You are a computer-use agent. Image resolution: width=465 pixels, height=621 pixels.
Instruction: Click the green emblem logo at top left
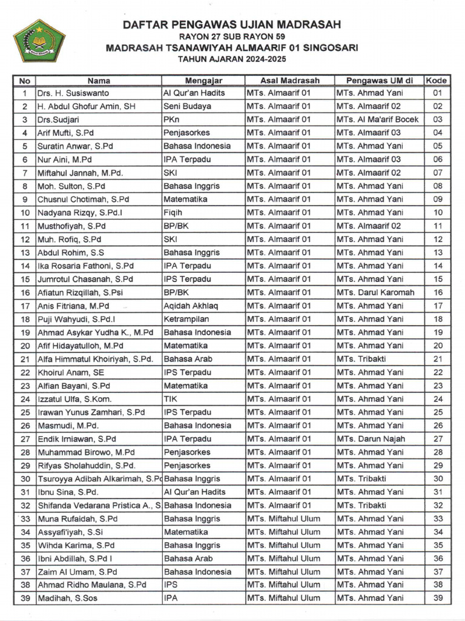(x=39, y=40)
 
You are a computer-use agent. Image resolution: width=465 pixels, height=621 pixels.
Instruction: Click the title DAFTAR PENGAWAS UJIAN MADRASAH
(x=232, y=25)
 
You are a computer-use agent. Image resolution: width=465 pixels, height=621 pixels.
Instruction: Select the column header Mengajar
(x=203, y=80)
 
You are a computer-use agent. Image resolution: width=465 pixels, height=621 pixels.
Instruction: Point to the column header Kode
(x=437, y=80)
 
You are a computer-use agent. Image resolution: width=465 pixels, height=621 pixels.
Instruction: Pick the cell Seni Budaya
(x=187, y=107)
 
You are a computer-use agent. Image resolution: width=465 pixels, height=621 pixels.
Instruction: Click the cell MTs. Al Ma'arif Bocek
(x=378, y=119)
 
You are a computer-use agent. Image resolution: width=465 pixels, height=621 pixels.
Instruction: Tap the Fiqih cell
(x=174, y=213)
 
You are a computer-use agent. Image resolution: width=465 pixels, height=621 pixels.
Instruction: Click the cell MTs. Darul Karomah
(x=376, y=292)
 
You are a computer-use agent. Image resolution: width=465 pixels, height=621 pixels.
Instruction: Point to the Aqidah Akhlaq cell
(x=190, y=306)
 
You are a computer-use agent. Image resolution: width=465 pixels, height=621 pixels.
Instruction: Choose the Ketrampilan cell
(x=186, y=319)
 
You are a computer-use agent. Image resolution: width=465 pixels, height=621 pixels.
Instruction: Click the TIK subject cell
(x=171, y=399)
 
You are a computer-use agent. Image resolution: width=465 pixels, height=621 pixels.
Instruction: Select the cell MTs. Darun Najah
(x=371, y=438)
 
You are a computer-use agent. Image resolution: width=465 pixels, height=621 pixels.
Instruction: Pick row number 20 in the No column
(x=25, y=346)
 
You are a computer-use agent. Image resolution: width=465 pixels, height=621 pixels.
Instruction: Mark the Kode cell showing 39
(x=438, y=598)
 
